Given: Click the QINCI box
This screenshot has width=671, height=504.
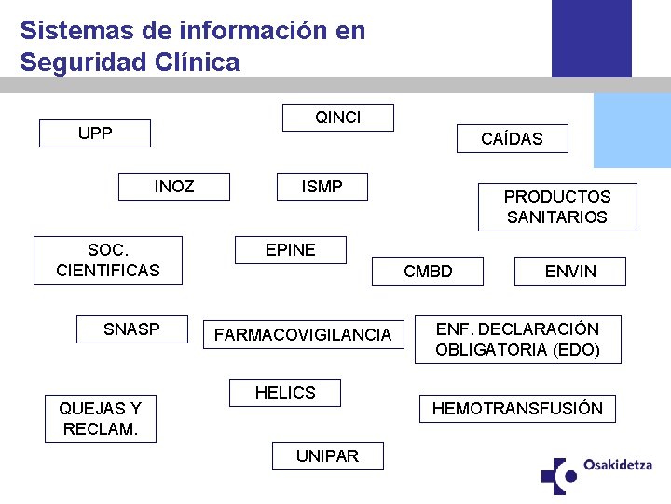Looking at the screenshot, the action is point(338,118).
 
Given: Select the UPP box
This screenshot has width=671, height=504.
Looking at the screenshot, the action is point(95,133).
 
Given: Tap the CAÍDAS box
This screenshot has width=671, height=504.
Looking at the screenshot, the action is point(512,139).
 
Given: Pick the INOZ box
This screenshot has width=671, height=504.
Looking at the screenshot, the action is point(174,187).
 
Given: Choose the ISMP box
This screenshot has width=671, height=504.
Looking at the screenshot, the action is point(322,187).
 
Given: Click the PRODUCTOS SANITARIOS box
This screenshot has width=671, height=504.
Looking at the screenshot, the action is point(557,207).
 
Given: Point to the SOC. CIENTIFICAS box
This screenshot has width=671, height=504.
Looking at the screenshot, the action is point(108,260).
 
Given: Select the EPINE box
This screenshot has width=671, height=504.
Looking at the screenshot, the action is point(291,250).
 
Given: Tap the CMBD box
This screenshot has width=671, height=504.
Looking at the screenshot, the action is point(428,272).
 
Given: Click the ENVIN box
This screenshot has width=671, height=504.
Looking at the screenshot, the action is point(570,272).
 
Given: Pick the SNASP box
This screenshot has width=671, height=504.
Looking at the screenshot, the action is point(131,329).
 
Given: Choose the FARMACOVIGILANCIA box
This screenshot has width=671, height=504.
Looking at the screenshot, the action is point(303,335).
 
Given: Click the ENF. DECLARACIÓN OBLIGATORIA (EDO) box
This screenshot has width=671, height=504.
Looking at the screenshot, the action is point(517,340).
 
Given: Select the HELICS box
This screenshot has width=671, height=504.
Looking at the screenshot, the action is point(285,393).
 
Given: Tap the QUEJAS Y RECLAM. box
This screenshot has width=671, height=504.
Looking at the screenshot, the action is point(101,419).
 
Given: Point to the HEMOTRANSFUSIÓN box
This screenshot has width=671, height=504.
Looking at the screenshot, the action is point(517,409).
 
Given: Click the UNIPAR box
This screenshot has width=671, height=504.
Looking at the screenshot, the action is point(327,456).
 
